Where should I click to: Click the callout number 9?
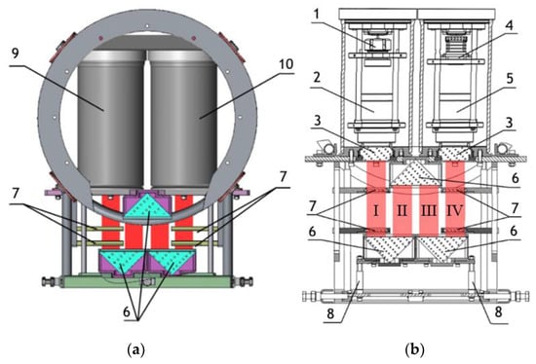click(15, 54)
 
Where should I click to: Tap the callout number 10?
click(286, 64)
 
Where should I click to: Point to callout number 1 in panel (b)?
click(317, 15)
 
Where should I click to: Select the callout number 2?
click(318, 78)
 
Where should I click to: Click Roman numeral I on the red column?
click(375, 210)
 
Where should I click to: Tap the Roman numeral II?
click(402, 210)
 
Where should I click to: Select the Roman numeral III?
click(429, 210)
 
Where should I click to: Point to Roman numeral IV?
click(455, 210)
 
